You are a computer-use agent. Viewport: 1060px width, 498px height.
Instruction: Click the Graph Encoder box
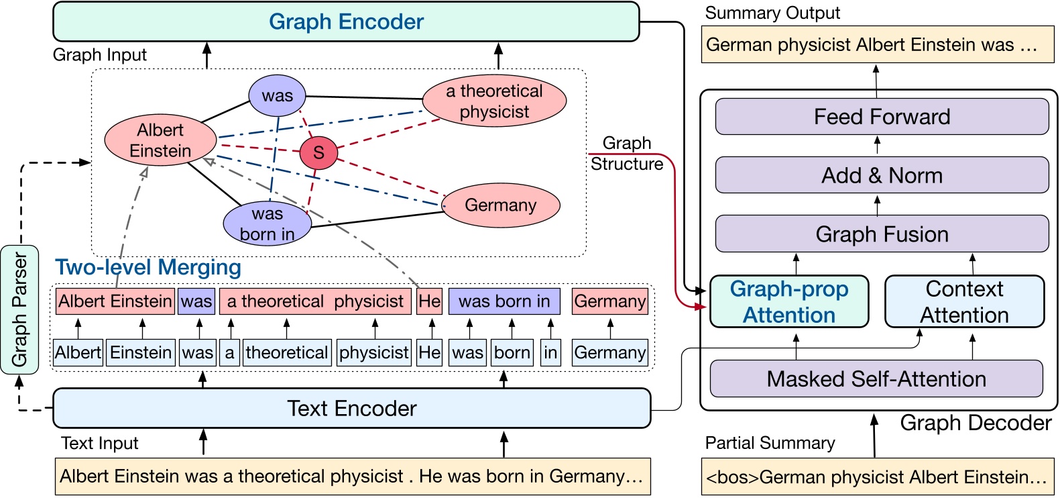coord(346,21)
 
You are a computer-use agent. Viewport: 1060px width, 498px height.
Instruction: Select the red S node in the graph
coord(318,152)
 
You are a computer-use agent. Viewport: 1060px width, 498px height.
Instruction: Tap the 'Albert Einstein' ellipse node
coord(160,140)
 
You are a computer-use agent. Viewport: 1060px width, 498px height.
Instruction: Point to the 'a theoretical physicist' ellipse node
coord(494,101)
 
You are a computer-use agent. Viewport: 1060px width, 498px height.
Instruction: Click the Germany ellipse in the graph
coord(501,205)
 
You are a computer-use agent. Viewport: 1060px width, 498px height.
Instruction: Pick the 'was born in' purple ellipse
coord(268,223)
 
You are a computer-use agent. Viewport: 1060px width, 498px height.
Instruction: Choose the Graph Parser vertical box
coord(19,309)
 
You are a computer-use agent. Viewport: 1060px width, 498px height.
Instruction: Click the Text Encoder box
coord(351,408)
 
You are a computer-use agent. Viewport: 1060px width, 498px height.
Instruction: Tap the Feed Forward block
coord(882,117)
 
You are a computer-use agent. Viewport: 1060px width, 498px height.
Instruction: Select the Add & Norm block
coord(882,175)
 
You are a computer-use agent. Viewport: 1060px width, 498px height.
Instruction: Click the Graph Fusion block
coord(882,234)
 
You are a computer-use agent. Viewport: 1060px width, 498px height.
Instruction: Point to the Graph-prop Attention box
coord(789,302)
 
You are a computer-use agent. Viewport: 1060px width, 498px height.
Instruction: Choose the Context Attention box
coord(964,302)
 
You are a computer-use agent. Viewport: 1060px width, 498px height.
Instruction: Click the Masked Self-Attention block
coord(876,379)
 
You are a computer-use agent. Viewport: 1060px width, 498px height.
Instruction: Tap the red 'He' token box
coord(429,301)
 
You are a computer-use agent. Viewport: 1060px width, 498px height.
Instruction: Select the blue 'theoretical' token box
coord(287,352)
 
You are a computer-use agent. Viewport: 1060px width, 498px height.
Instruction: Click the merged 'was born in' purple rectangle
coord(504,301)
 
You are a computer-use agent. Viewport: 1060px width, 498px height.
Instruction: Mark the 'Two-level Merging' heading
coord(148,267)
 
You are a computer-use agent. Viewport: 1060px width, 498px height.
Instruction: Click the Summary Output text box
coord(877,45)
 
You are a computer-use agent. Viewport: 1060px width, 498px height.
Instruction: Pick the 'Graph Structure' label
coord(627,153)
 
